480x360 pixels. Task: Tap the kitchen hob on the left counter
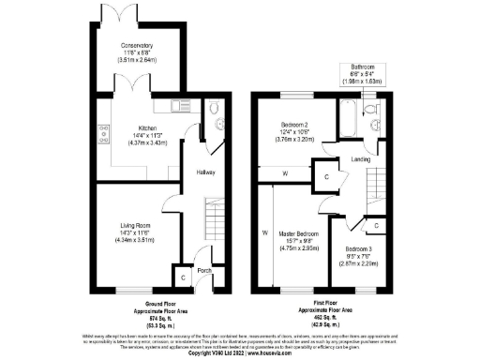coord(104,131)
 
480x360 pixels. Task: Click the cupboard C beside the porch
coord(183,277)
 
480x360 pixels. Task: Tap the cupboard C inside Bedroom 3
coord(376,226)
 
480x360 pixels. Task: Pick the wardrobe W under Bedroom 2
coord(286,172)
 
